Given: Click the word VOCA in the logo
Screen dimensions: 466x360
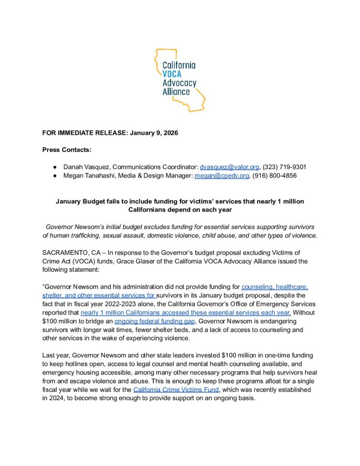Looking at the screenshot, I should pyautogui.click(x=172, y=75).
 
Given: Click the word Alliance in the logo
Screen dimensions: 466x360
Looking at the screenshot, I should pyautogui.click(x=176, y=91).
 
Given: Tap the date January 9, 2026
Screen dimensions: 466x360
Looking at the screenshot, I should pyautogui.click(x=154, y=133).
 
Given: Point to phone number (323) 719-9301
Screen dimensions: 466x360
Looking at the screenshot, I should pyautogui.click(x=284, y=167).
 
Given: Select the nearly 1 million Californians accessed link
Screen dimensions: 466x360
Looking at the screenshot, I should pyautogui.click(x=186, y=313).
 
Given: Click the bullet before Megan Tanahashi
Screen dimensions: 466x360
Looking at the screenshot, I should pyautogui.click(x=54, y=176).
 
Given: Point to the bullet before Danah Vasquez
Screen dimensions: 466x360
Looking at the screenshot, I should pyautogui.click(x=54, y=167).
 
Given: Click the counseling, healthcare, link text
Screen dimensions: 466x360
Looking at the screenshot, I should pyautogui.click(x=275, y=287).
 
